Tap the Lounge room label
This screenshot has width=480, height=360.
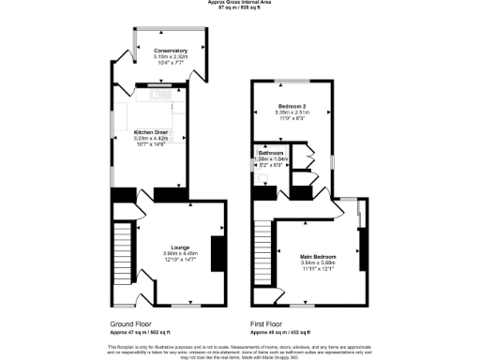click(167, 247)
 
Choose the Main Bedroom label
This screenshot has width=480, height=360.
click(318, 256)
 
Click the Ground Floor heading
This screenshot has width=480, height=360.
click(130, 323)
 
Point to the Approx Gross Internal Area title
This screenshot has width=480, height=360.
click(239, 3)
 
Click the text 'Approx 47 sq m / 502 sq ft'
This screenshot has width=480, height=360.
click(141, 332)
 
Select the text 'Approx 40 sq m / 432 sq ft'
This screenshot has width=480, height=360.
click(279, 332)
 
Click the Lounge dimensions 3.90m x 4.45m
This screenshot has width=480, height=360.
click(167, 253)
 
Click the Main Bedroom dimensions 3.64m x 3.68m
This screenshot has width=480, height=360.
click(318, 262)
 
